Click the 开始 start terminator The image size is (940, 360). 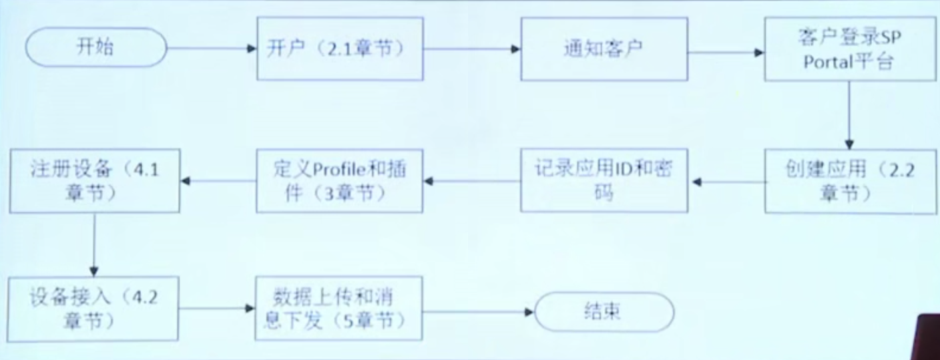click(95, 48)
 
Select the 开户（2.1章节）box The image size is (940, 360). click(339, 49)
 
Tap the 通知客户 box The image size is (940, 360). click(604, 49)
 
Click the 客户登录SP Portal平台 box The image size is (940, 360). click(850, 49)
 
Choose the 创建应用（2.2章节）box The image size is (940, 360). click(850, 180)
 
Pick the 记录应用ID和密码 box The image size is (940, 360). click(604, 180)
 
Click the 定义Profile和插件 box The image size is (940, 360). click(339, 180)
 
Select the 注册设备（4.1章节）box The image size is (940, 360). click(94, 180)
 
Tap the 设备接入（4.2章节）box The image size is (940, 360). click(94, 309)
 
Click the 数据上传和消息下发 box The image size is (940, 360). click(339, 309)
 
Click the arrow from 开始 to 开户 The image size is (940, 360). click(211, 49)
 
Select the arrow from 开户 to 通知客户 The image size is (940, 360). click(471, 49)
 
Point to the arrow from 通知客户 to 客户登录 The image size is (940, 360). click(726, 51)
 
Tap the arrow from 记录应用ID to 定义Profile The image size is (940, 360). click(471, 180)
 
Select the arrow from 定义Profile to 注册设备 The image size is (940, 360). click(218, 180)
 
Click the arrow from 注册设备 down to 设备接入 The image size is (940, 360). click(94, 244)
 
